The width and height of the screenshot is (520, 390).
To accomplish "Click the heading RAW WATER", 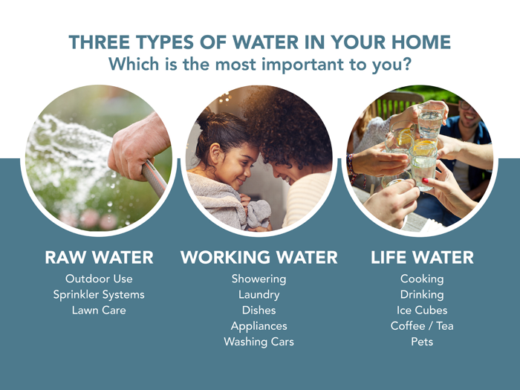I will (x=99, y=258).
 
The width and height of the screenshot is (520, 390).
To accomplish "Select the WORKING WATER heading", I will (x=259, y=258).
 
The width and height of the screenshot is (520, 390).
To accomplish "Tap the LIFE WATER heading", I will (x=421, y=258).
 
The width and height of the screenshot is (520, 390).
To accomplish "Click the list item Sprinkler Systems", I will (x=99, y=295).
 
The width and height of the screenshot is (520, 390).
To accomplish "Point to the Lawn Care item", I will (x=99, y=311).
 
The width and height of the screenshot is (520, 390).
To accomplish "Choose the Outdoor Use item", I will (x=99, y=279).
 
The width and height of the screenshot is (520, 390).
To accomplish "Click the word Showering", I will (x=259, y=279).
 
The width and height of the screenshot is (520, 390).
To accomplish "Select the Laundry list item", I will (x=259, y=295).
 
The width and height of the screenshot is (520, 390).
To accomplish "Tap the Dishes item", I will (x=259, y=311).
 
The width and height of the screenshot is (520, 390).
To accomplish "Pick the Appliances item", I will (x=259, y=326).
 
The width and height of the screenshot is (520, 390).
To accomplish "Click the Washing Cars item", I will (x=259, y=342).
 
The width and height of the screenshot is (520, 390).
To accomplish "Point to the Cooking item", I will (x=421, y=279).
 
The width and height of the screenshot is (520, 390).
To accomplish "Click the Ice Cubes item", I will (x=421, y=311).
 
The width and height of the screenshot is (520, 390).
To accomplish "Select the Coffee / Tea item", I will (x=421, y=326).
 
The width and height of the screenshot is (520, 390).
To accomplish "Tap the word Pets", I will (x=421, y=342).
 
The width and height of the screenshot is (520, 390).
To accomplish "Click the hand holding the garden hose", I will (x=137, y=145).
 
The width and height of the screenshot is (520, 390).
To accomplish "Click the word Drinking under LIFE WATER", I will (x=421, y=295).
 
